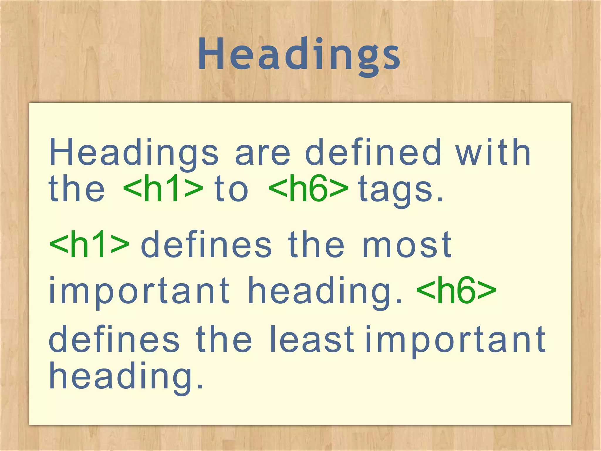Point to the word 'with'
click(x=493, y=153)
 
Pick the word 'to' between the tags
click(x=232, y=189)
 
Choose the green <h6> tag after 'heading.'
click(x=456, y=291)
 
